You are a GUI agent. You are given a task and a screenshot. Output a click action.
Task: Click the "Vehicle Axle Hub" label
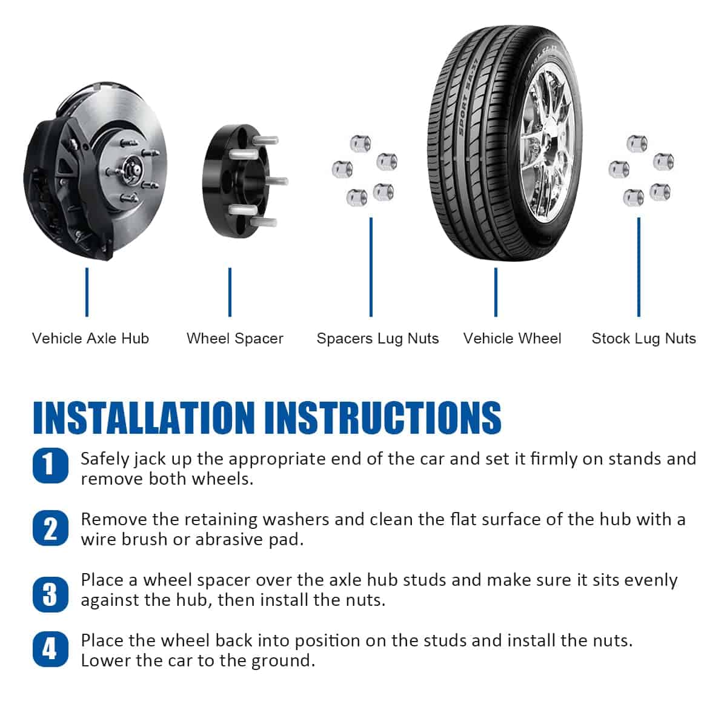(90, 339)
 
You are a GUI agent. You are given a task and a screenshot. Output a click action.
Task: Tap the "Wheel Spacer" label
(234, 339)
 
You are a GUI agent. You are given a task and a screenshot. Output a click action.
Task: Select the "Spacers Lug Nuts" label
(377, 339)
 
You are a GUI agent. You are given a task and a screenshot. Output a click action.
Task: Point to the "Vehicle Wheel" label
(512, 339)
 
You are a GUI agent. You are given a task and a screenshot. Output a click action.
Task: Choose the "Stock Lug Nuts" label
(643, 339)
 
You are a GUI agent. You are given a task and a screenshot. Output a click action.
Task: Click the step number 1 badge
(50, 465)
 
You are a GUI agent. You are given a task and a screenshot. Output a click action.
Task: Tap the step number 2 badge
(50, 528)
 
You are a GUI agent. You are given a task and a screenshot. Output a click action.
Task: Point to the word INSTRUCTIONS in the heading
(383, 417)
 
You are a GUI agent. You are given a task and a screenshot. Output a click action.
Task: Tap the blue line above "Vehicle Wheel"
(496, 292)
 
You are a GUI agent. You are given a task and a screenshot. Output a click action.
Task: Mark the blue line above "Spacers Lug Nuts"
(371, 267)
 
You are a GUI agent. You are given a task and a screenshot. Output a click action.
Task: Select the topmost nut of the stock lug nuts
(637, 144)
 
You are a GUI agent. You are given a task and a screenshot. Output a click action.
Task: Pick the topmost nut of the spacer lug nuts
(360, 144)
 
